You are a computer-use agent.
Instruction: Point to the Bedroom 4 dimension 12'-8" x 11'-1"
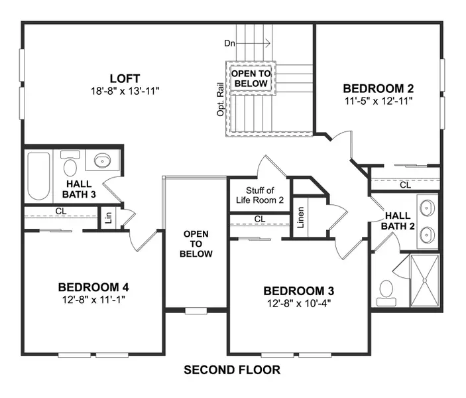pos(93,299)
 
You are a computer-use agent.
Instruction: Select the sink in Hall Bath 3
pos(102,161)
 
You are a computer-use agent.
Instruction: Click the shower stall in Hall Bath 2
pos(424,281)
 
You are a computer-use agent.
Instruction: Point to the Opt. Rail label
pos(220,99)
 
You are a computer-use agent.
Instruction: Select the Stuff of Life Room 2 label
pos(260,195)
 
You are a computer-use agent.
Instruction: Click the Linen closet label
pos(300,218)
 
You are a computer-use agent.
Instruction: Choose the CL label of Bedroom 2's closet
pos(404,185)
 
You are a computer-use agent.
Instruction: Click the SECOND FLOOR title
pos(231,369)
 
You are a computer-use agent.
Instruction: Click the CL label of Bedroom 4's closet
pos(60,212)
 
